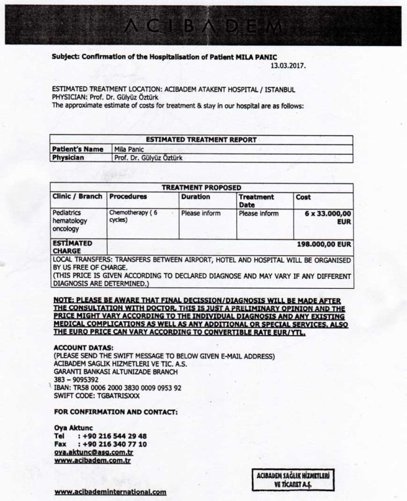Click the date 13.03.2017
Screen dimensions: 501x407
tap(288, 66)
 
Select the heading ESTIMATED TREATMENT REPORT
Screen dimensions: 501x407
tap(201, 140)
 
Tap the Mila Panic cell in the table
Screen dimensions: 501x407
tap(129, 149)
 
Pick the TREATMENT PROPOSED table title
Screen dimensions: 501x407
tap(201, 187)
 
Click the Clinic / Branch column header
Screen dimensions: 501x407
tap(77, 196)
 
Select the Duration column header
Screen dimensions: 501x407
tap(196, 196)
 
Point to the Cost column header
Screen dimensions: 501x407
tap(303, 196)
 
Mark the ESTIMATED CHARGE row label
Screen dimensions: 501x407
tap(70, 247)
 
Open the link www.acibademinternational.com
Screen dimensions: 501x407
tap(110, 492)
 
